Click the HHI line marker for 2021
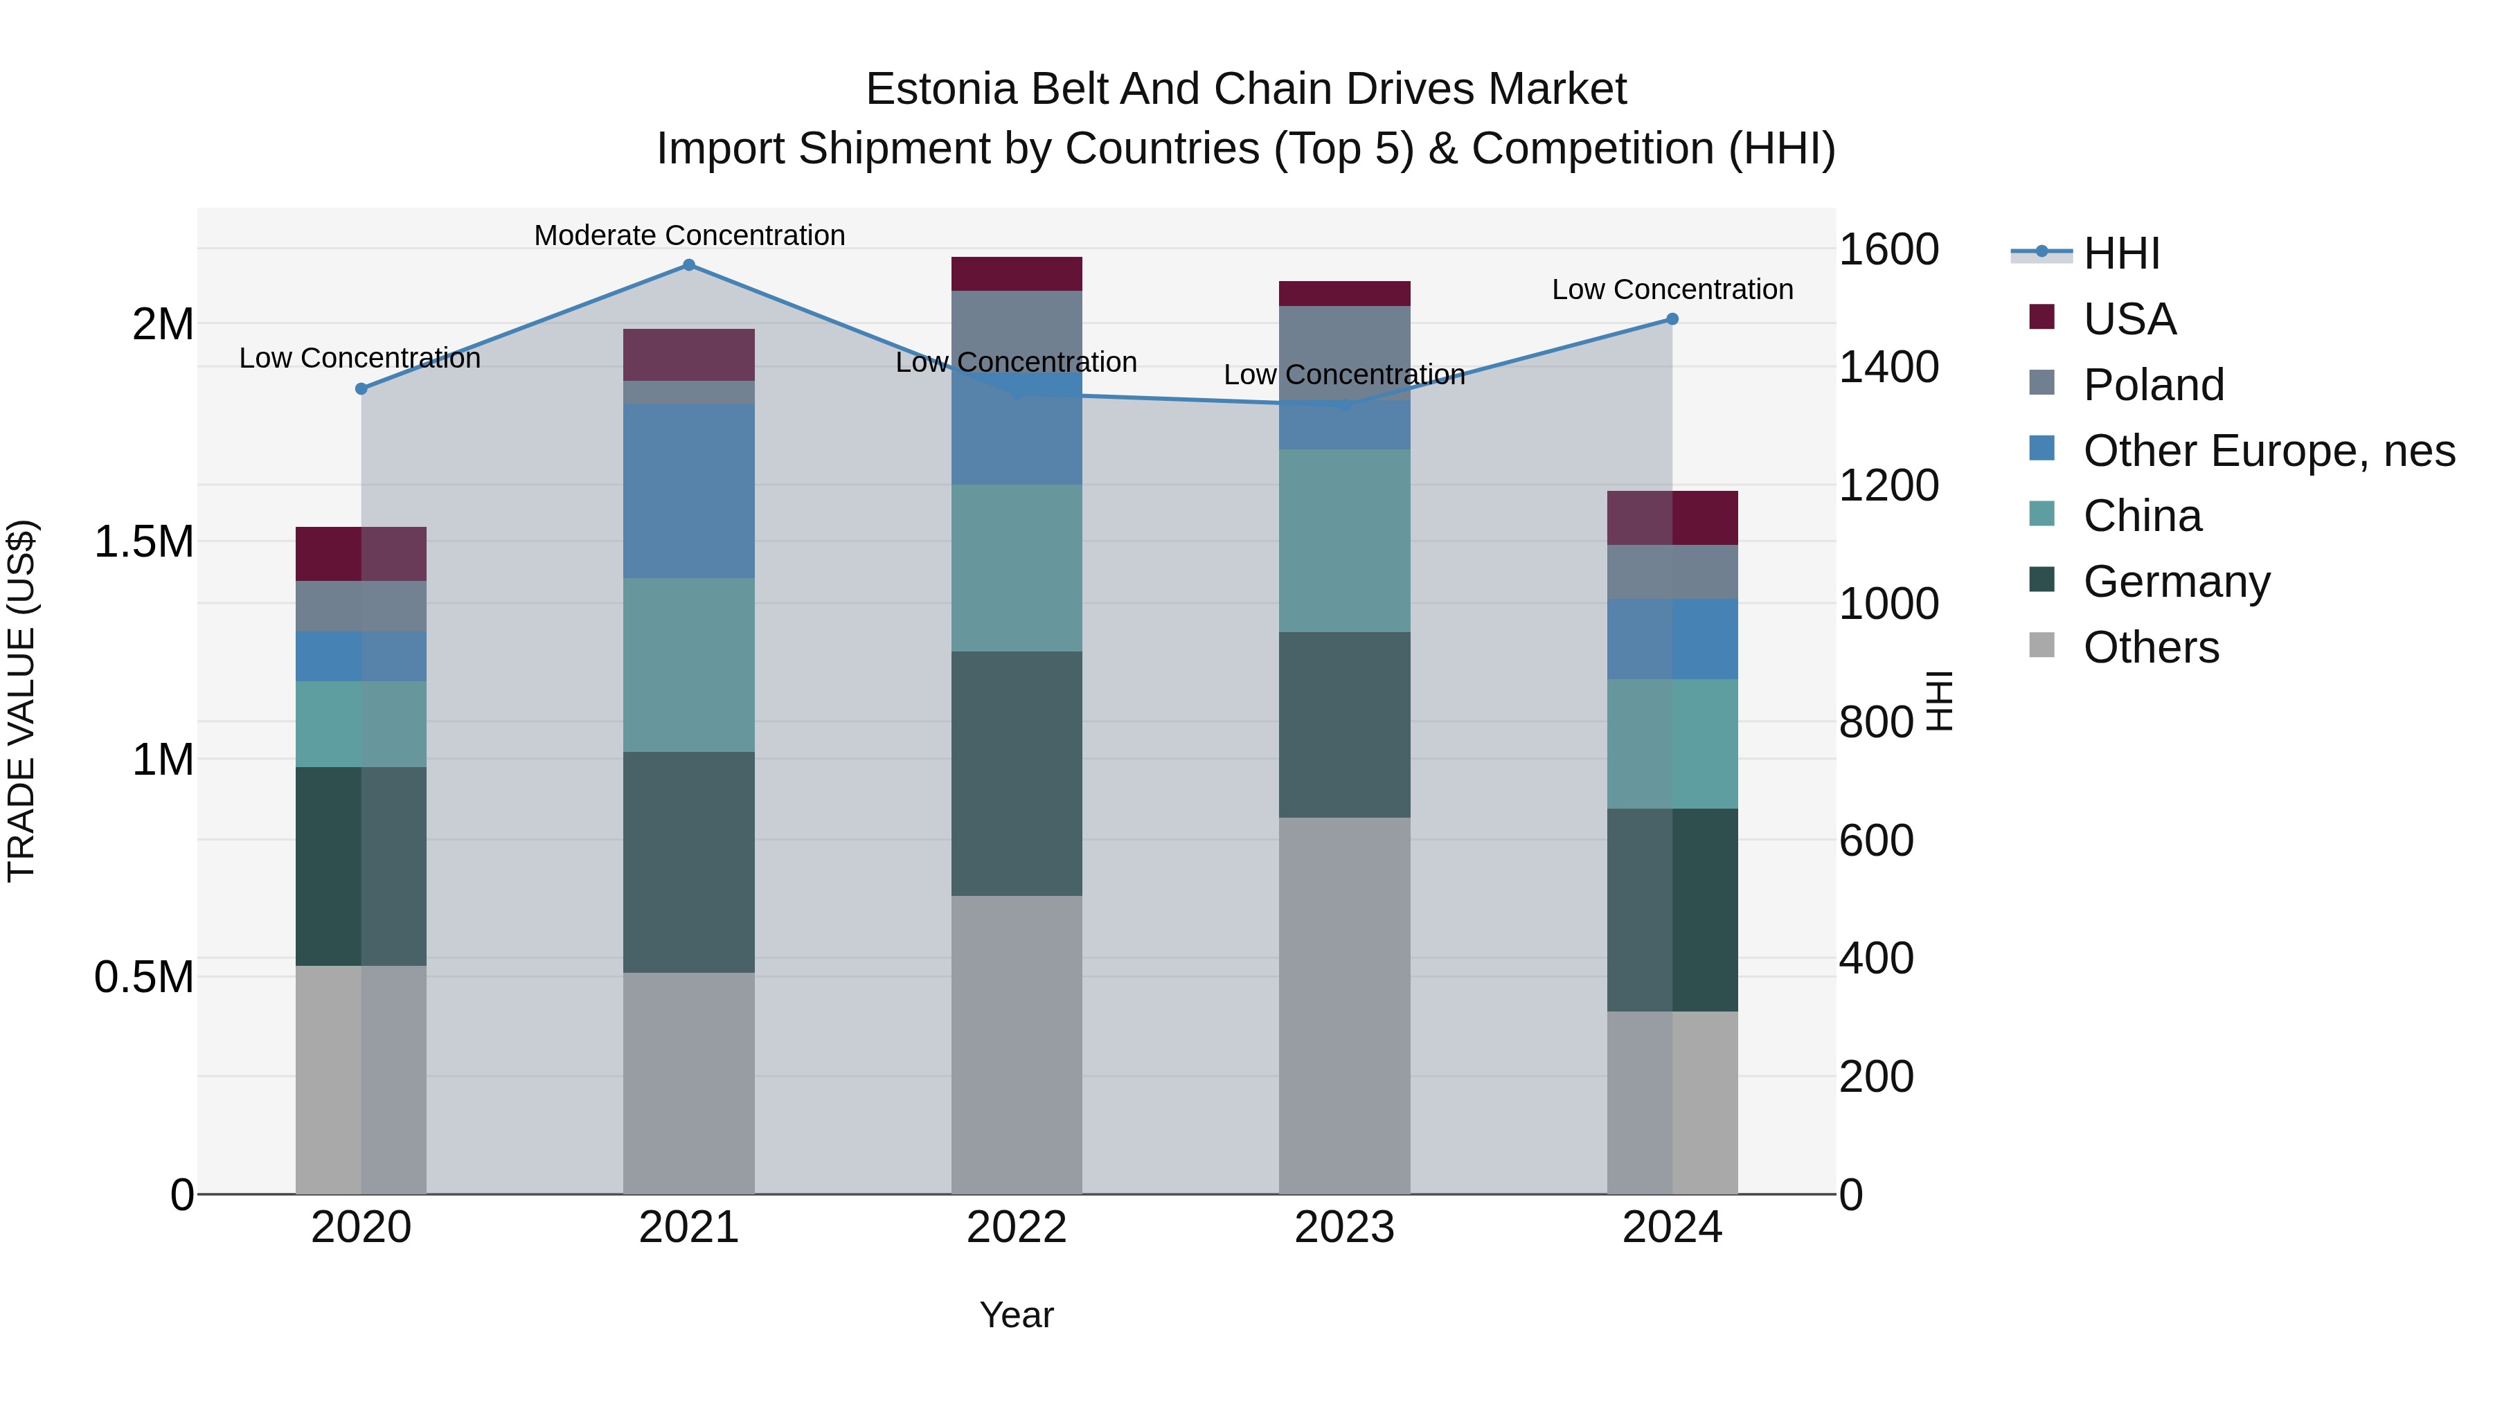pos(689,265)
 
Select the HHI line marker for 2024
pos(1672,319)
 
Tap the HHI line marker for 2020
pos(361,389)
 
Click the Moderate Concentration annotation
pos(689,235)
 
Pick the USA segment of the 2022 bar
pos(1016,273)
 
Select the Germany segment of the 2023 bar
pos(1344,725)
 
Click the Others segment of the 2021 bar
pos(689,1083)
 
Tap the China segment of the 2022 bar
pos(1016,568)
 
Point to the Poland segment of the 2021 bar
pos(689,392)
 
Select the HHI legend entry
pos(2120,253)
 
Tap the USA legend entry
pos(2129,319)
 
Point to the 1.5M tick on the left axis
pos(144,542)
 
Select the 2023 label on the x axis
pos(1344,1228)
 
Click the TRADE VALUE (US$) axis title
pos(21,701)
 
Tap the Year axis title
pos(1016,1315)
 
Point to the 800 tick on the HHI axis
pos(1875,722)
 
